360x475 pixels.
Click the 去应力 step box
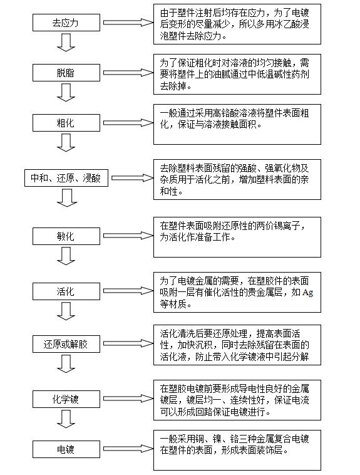pos(66,23)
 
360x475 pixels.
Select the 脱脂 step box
pos(66,73)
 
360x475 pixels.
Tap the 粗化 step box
pos(66,123)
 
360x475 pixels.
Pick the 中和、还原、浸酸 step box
pos(66,178)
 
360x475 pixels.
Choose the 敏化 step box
pos(66,236)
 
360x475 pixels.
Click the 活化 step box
pos(66,291)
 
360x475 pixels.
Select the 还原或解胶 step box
pos(66,344)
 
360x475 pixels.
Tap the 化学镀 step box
pos(66,399)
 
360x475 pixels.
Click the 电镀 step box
pos(66,449)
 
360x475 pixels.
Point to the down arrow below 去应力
pos(66,43)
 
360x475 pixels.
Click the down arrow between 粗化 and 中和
pos(66,143)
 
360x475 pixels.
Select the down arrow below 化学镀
pos(66,419)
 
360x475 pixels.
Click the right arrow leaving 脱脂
pos(128,73)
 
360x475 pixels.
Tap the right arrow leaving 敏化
pos(128,236)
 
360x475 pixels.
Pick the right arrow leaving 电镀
pos(128,449)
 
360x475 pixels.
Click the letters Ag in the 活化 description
pos(307,292)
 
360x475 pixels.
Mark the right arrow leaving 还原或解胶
pos(128,343)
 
